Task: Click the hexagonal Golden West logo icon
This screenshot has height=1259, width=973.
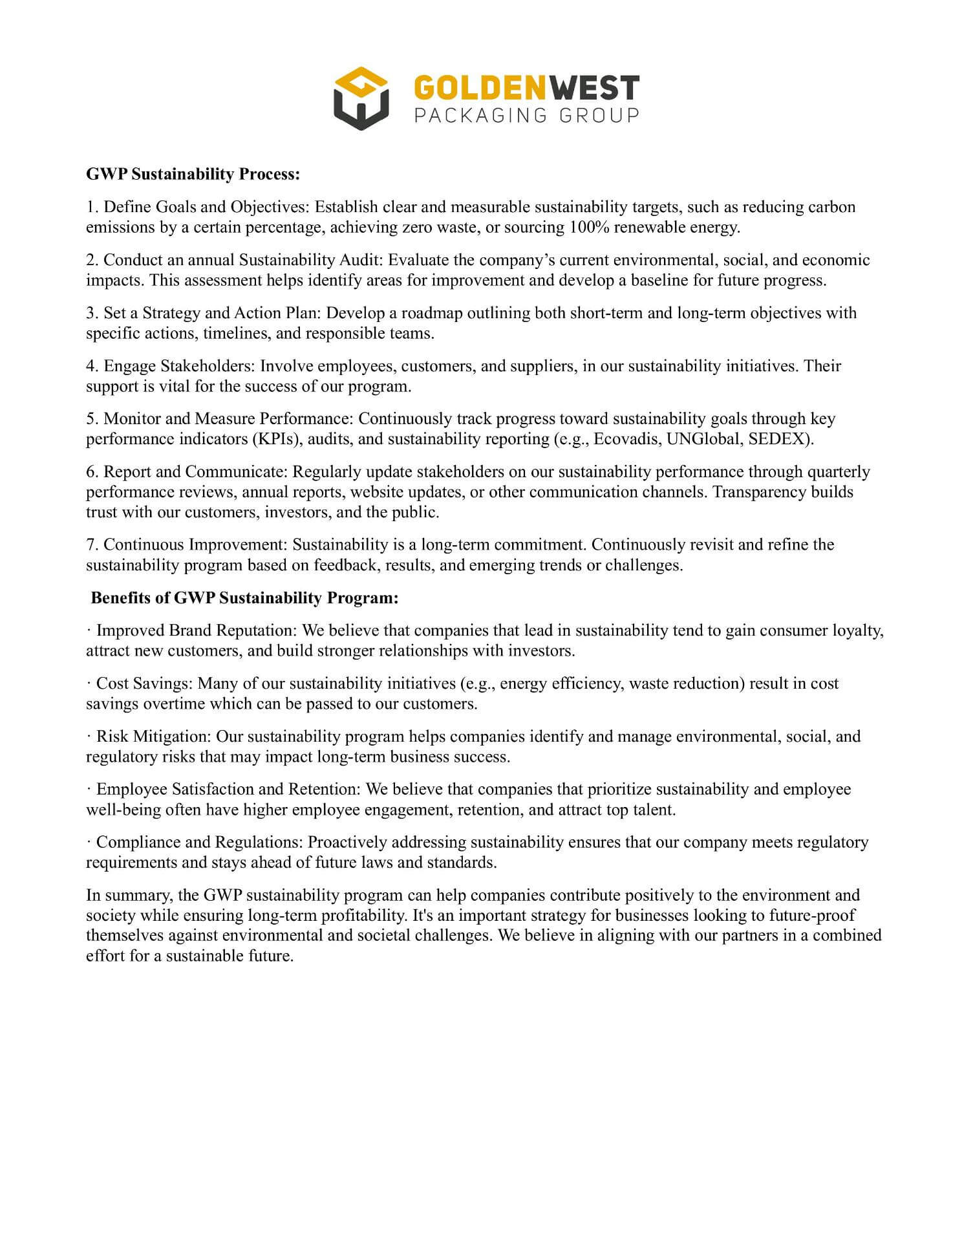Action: pos(361,98)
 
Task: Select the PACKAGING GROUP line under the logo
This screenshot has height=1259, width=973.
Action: pos(526,116)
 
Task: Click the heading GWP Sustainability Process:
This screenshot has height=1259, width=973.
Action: pos(193,174)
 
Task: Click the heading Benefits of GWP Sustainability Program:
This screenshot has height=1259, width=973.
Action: pos(244,597)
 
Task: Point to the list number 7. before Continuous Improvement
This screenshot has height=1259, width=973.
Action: pos(92,545)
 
